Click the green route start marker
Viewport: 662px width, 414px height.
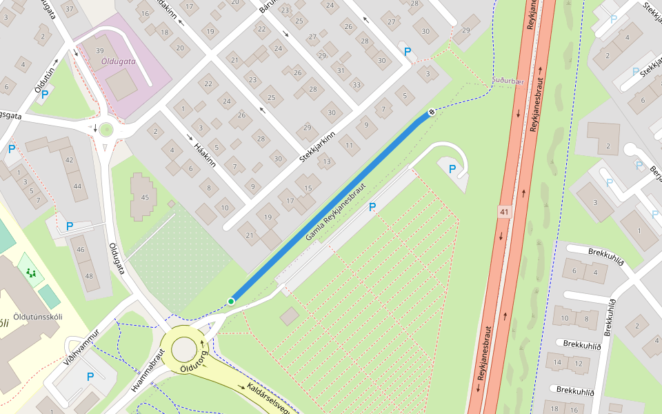click(x=231, y=302)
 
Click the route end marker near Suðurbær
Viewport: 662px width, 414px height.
click(x=432, y=112)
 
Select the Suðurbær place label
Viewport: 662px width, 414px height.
click(x=508, y=81)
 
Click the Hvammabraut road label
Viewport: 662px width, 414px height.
click(x=148, y=371)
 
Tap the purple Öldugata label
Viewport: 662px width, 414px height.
click(x=119, y=61)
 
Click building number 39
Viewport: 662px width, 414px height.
click(x=100, y=51)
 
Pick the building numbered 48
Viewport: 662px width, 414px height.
click(x=88, y=276)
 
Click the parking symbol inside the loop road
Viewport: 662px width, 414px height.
click(x=452, y=168)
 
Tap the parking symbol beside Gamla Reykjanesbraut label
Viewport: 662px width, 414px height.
click(x=372, y=207)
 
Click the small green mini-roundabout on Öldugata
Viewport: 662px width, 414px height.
click(x=106, y=129)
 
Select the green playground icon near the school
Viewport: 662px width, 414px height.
click(x=30, y=272)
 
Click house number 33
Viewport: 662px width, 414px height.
click(x=357, y=85)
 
